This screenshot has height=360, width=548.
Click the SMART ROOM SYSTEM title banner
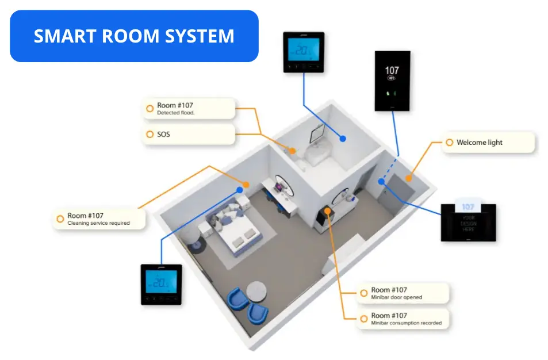click(134, 36)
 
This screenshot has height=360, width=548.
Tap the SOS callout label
click(189, 135)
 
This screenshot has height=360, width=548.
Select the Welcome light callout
click(488, 143)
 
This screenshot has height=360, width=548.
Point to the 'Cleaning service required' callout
click(98, 219)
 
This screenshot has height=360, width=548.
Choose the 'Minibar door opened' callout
click(402, 293)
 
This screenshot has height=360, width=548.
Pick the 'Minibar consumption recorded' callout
click(402, 319)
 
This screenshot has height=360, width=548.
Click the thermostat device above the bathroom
click(304, 52)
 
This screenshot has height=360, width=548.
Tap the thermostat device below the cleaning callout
click(162, 284)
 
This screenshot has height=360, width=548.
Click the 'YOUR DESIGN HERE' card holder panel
click(468, 221)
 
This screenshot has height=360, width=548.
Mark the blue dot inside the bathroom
click(343, 139)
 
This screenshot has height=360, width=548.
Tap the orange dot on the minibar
click(327, 211)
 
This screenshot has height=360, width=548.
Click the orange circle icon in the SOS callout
click(151, 135)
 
